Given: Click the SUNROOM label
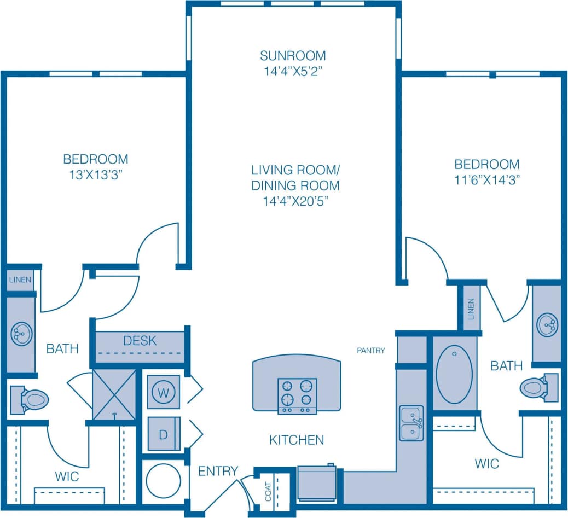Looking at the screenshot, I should pyautogui.click(x=293, y=56).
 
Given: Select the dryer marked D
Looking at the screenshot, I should pyautogui.click(x=164, y=434).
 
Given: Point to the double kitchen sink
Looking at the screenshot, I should pyautogui.click(x=411, y=423).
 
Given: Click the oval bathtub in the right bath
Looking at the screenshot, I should pyautogui.click(x=454, y=374).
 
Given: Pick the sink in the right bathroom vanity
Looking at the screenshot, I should pyautogui.click(x=547, y=324).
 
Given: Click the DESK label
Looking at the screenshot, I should pyautogui.click(x=140, y=341).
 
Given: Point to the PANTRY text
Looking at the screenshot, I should pyautogui.click(x=372, y=351).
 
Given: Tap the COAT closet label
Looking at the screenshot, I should pyautogui.click(x=268, y=491).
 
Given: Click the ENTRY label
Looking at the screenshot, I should pyautogui.click(x=218, y=471).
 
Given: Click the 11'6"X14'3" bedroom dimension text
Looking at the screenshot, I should pyautogui.click(x=487, y=179).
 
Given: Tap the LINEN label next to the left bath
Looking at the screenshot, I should pyautogui.click(x=20, y=280).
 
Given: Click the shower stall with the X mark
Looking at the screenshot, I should pyautogui.click(x=114, y=395).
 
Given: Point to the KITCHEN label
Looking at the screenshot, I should pyautogui.click(x=297, y=439).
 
